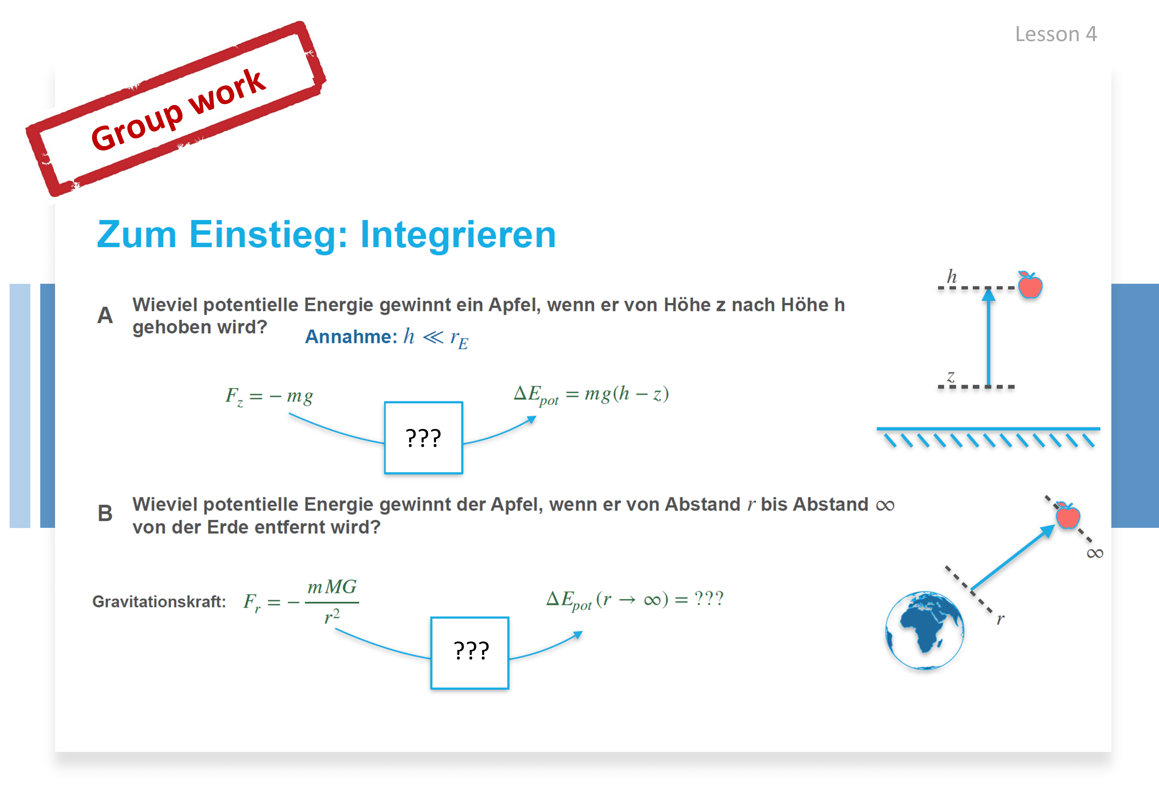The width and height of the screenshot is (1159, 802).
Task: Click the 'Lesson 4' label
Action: [x=1055, y=34]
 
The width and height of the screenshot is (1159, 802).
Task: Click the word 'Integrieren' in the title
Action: [x=458, y=235]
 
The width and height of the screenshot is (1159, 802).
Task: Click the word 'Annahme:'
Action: [x=351, y=337]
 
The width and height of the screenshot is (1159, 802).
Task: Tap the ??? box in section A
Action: [x=423, y=438]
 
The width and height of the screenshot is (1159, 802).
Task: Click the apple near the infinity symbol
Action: [x=1067, y=515]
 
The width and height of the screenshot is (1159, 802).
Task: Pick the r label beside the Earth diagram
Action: [x=1000, y=619]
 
